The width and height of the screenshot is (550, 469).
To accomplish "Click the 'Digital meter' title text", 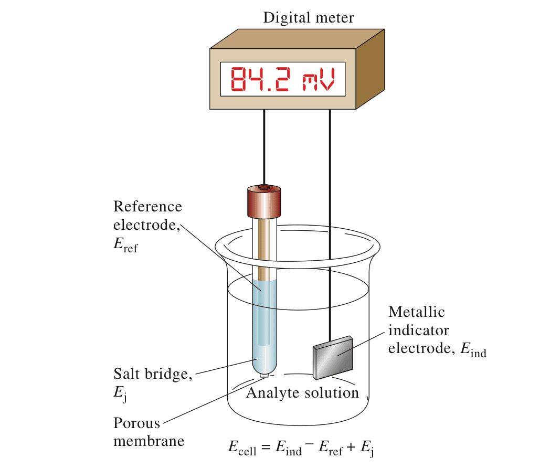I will point(308,18).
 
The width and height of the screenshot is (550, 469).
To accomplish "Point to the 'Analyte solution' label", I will point(302,392).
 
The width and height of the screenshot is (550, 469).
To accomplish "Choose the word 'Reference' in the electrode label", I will point(147,206).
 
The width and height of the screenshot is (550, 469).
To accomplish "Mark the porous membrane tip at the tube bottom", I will point(264,375).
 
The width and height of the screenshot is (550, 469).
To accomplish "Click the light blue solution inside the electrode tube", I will point(261,325).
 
